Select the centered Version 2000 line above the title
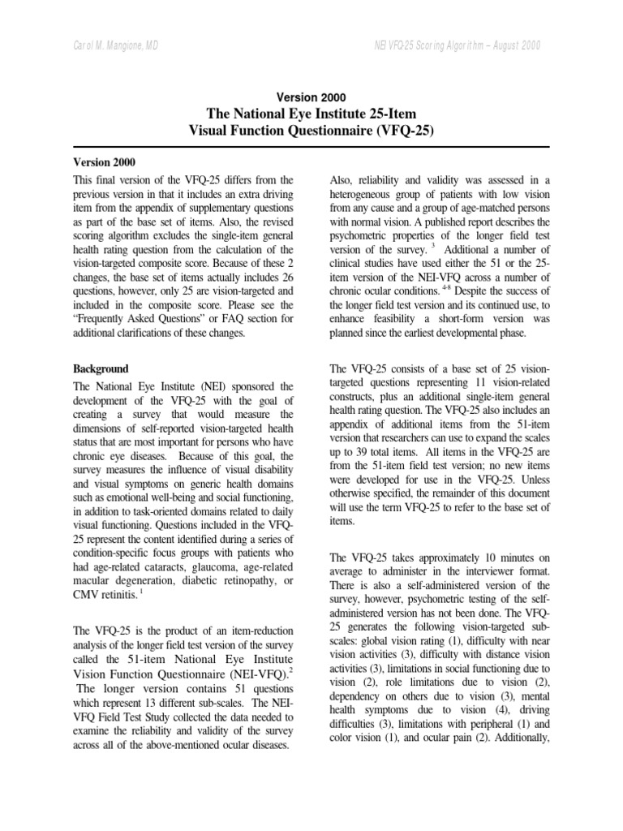[x=311, y=97]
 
